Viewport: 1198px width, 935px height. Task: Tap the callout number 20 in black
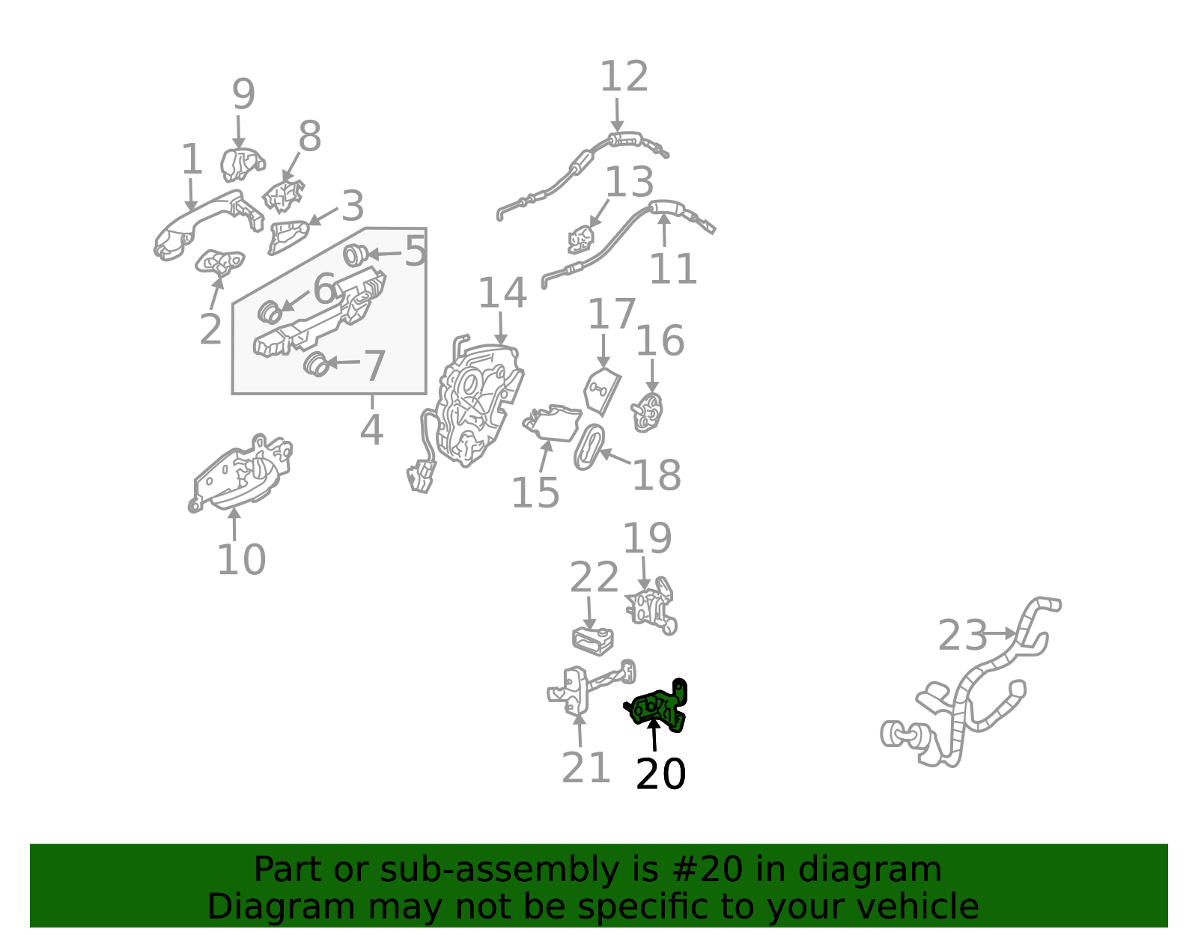pos(660,774)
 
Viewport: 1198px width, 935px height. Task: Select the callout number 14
pos(502,293)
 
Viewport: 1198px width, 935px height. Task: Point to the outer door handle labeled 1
pos(207,223)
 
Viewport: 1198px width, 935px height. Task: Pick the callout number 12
pos(624,76)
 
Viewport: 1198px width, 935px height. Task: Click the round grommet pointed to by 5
pos(355,255)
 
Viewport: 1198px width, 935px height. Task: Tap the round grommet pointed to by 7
pos(317,364)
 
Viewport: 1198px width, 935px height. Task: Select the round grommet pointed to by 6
pos(270,312)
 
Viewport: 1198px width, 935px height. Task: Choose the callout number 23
pos(962,636)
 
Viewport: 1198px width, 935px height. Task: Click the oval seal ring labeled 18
pos(589,448)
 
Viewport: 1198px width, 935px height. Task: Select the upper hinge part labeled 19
pos(651,606)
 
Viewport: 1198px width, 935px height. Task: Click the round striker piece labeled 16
pos(647,412)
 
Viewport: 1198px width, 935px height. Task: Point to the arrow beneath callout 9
pos(238,132)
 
